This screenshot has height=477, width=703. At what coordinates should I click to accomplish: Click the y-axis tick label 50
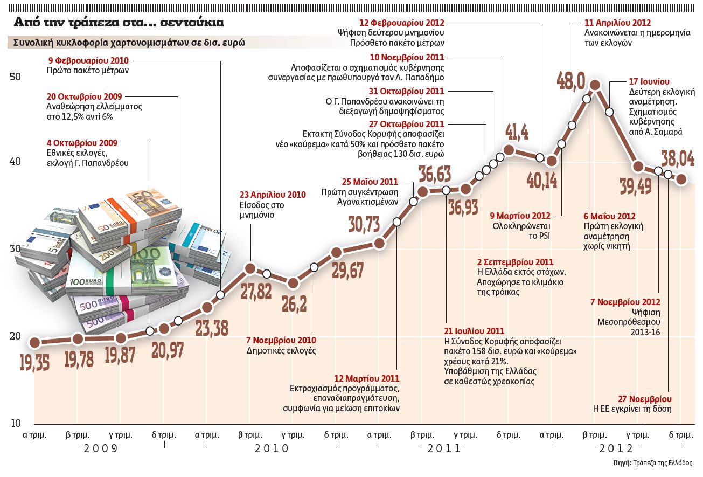pos(15,77)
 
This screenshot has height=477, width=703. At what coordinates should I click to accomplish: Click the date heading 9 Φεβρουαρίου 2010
pos(89,60)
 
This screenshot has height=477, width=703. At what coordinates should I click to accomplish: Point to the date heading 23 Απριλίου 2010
pos(273,195)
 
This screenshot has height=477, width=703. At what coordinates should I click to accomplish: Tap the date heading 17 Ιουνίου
pos(649,81)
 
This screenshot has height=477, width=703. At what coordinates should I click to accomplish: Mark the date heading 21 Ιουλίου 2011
pos(474,331)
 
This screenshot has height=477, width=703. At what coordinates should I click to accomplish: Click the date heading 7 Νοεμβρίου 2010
pos(281,341)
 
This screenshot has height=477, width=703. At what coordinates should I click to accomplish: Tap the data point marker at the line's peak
pos(595,85)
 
